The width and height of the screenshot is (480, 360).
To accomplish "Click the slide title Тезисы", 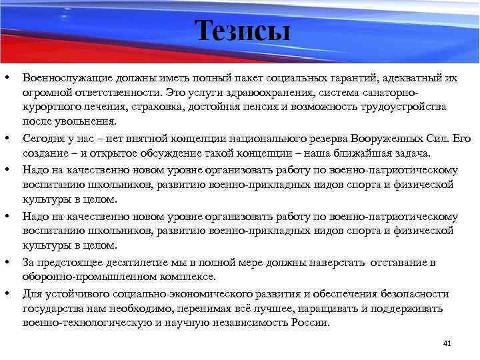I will coord(243,31).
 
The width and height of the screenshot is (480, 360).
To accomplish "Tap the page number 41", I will coord(447,343).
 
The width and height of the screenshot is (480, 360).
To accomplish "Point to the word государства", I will coord(51,309).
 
